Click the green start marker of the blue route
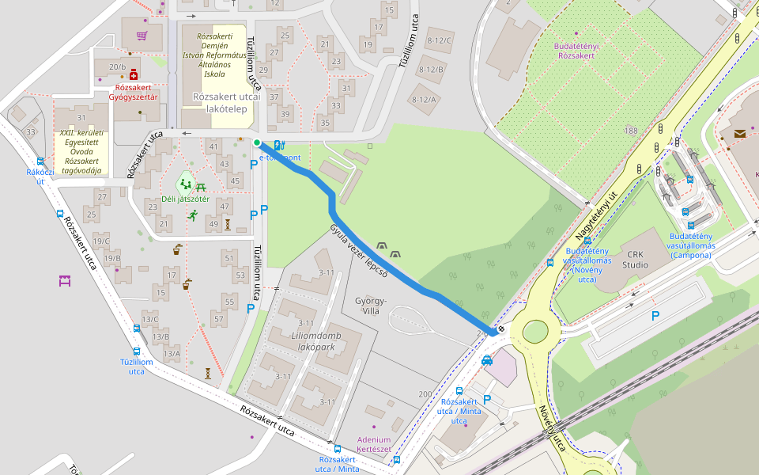coord(257,142)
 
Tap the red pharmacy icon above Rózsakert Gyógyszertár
coord(134,74)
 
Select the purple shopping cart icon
coord(142,35)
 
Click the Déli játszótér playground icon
coord(186,184)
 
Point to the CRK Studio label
coord(636,259)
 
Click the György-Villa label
coord(371,306)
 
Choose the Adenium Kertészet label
coord(374,444)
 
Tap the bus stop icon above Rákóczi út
coord(40,161)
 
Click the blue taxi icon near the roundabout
coord(487,360)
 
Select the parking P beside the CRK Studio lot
coord(655,316)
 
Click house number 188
coord(630,131)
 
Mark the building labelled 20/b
coord(118,68)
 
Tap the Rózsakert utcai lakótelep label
coord(223,103)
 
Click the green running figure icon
coord(192,215)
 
